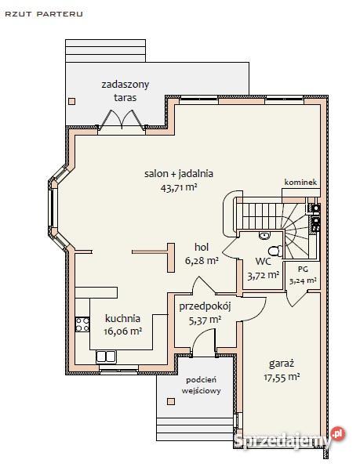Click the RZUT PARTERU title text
pos(44,14)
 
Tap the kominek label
pos(300,182)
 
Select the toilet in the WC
pos(276,251)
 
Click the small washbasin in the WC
pos(264,236)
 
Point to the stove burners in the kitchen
pos(82,324)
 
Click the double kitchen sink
pos(106,357)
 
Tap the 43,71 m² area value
pos(179,188)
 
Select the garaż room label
pos(282,364)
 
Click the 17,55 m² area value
pos(282,378)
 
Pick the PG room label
pos(303,269)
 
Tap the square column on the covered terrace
pos(72,101)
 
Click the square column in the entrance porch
pos(171,401)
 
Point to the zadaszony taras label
pos(125,91)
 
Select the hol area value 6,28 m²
pos(202,261)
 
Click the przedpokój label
pos(205,306)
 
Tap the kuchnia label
pos(122,318)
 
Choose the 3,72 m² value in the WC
pos(264,276)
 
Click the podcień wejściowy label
pos(201,385)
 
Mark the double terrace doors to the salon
pos(122,120)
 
